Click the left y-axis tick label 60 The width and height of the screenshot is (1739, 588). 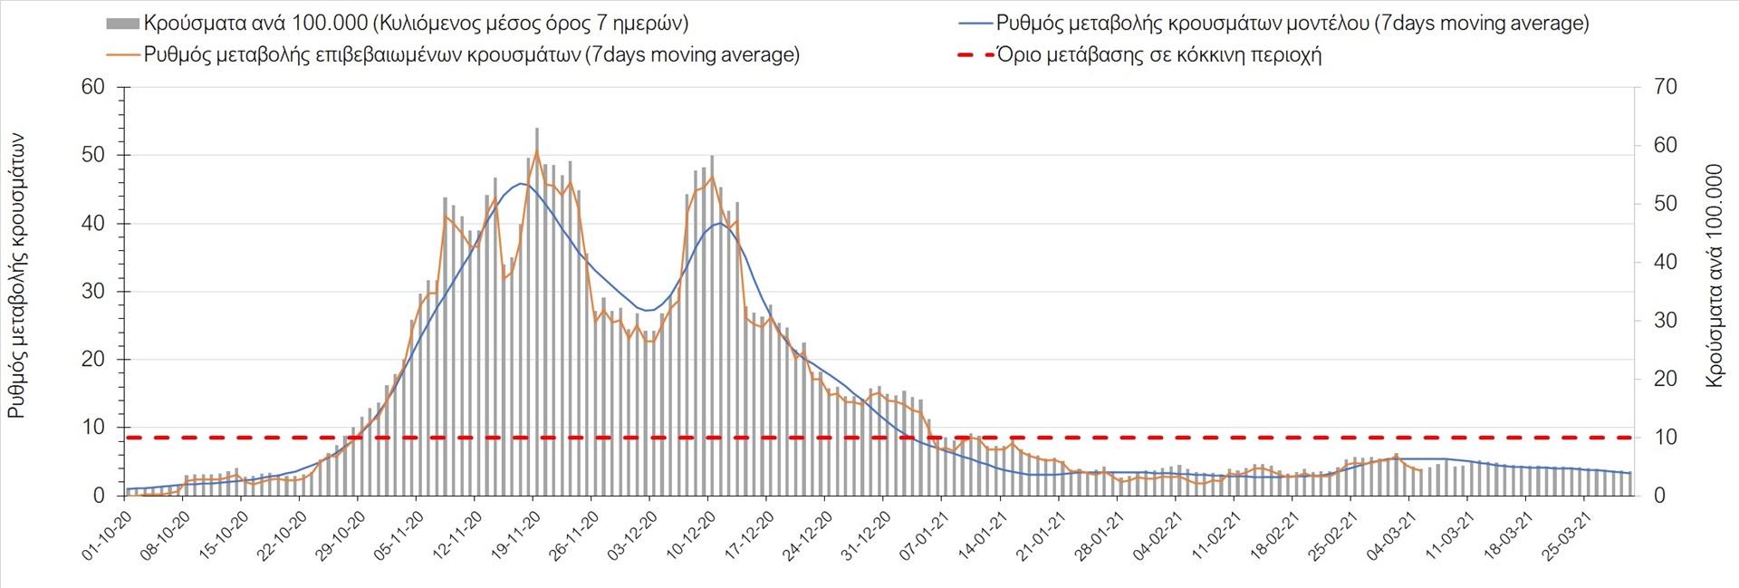(92, 87)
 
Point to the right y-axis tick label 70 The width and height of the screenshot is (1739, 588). (1665, 87)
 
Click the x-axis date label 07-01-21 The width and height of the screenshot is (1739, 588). (924, 535)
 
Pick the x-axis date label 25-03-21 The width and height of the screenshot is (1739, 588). (1567, 535)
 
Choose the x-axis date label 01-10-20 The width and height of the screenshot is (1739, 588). (107, 535)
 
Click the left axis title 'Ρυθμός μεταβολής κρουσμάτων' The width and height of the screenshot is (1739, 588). (16, 275)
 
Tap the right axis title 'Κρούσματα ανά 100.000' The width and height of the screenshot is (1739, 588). (1714, 275)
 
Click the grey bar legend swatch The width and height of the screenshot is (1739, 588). (122, 24)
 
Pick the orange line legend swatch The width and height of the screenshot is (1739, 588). (122, 55)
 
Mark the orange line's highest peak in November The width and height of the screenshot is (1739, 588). (536, 150)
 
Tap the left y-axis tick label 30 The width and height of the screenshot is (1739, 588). (92, 291)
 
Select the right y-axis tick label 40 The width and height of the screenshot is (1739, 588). (1665, 262)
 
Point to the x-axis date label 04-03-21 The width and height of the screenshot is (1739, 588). (1391, 535)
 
